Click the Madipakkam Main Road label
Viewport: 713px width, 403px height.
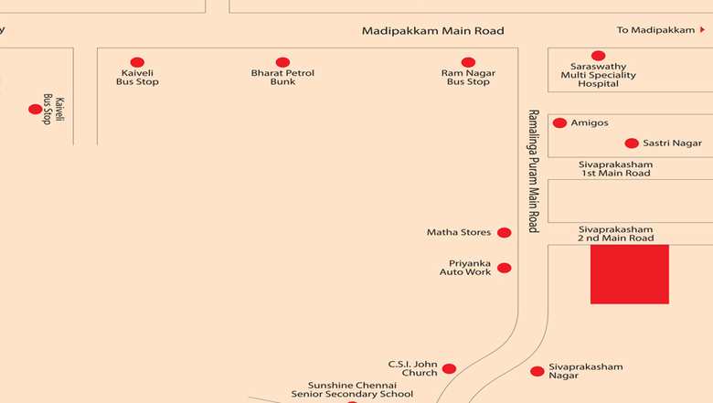(x=433, y=31)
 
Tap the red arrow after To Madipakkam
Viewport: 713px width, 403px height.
(x=703, y=30)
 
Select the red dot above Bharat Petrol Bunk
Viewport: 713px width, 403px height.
(x=282, y=62)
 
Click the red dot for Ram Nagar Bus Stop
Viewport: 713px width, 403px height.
(x=468, y=62)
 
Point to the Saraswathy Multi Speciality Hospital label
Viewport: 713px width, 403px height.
(x=598, y=75)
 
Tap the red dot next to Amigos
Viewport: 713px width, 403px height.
(x=559, y=122)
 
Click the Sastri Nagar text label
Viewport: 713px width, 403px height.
(x=672, y=143)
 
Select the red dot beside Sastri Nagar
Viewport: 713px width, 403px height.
(x=632, y=143)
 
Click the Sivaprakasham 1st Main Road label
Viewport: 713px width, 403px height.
(x=616, y=168)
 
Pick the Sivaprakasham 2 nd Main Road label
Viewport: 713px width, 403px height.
(x=616, y=234)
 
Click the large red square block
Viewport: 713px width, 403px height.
(x=630, y=274)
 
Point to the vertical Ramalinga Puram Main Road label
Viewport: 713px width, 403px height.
(x=534, y=171)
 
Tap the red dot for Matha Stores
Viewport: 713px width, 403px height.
(x=505, y=233)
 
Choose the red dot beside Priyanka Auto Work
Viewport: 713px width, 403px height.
(x=505, y=268)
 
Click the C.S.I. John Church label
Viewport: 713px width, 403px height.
(x=413, y=368)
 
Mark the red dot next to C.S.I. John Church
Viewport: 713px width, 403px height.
(x=449, y=369)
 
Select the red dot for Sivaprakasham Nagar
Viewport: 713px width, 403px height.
(x=537, y=372)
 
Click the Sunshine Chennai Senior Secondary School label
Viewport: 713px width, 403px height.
(x=353, y=390)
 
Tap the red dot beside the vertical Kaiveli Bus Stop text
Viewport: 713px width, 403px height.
(x=35, y=109)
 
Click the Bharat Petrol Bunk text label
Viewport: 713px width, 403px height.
(x=282, y=78)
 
